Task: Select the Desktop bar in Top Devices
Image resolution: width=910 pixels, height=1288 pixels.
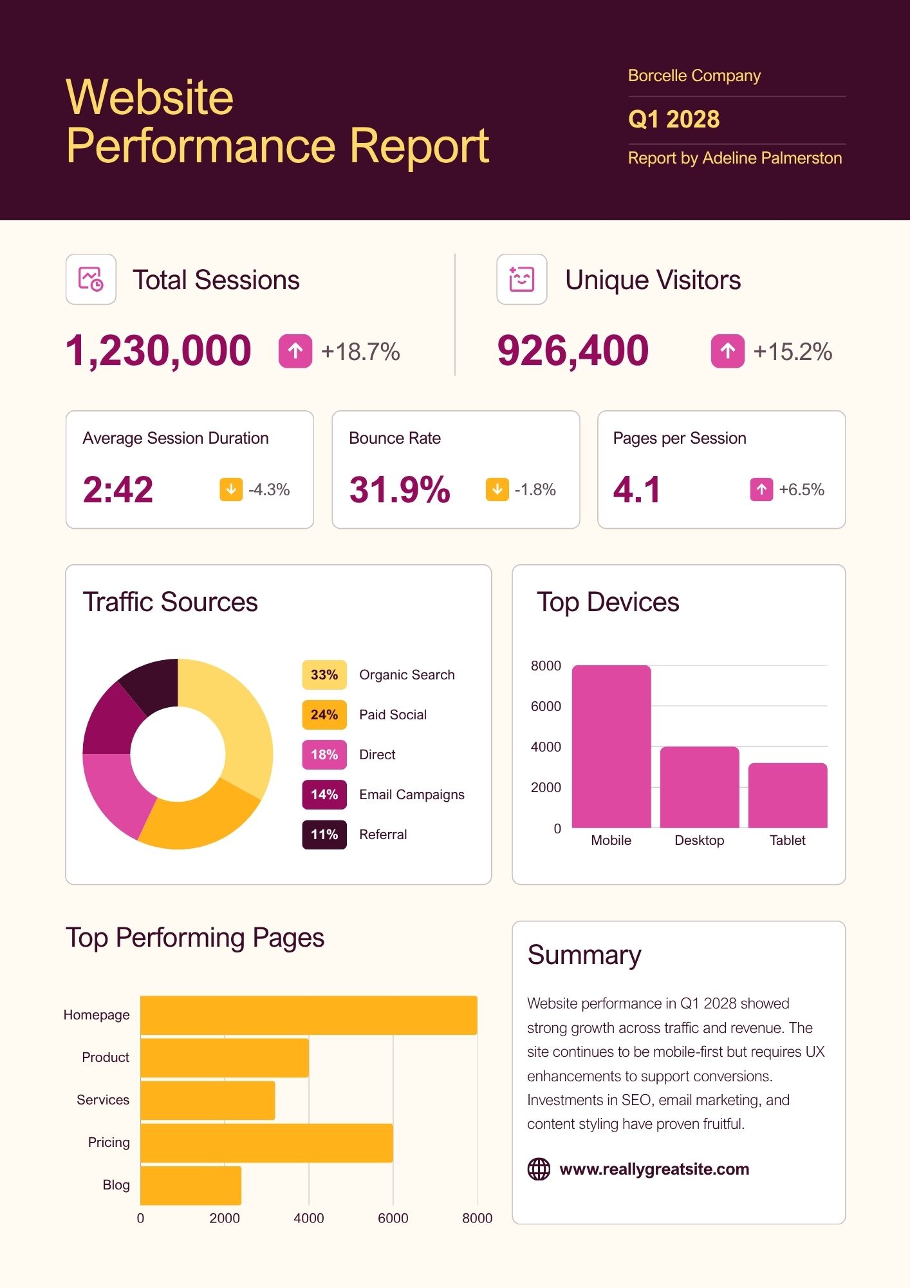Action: point(700,787)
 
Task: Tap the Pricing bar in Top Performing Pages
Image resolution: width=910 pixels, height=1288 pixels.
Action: point(266,1143)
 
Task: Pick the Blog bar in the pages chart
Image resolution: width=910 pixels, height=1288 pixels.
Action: point(190,1186)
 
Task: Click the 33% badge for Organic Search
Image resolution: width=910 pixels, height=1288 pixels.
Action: point(324,675)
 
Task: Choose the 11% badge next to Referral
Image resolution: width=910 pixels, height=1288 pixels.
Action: point(324,835)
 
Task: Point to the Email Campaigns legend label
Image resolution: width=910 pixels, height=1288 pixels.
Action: point(411,795)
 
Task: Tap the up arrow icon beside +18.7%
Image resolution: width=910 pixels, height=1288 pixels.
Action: point(295,352)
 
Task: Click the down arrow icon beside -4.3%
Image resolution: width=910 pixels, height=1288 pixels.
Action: point(231,489)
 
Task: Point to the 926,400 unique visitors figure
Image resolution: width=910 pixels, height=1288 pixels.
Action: point(573,351)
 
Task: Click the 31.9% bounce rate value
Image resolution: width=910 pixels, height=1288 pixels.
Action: point(400,489)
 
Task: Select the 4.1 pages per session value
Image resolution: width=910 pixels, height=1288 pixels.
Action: point(636,489)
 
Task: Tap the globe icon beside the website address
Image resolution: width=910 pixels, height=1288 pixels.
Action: point(539,1169)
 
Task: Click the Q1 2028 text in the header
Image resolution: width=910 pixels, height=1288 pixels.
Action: point(673,120)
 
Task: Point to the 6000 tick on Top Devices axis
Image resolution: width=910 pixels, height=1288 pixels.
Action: point(546,706)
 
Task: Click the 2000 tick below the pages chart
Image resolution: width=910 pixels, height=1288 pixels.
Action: point(225,1218)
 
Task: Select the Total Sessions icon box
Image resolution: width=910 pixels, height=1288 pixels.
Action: point(91,279)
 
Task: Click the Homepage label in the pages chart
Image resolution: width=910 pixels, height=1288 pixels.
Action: point(97,1015)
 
